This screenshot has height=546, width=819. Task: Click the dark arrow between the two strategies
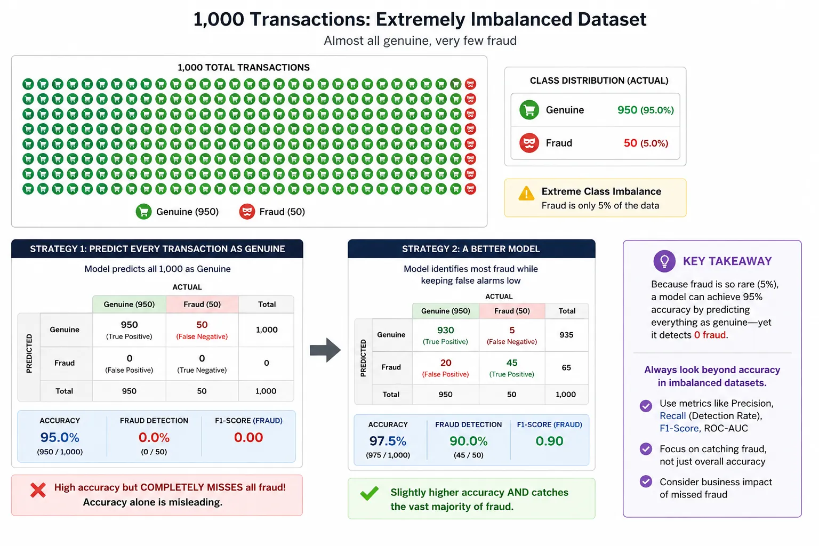point(325,350)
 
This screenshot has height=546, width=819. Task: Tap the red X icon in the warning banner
point(38,491)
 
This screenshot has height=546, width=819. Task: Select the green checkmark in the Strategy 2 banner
point(370,493)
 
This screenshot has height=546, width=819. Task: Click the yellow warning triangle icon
point(526,194)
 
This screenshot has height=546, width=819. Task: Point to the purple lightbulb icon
point(664,261)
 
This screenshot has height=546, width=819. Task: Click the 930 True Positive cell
point(445,335)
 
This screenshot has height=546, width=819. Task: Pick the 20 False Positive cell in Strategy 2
point(445,368)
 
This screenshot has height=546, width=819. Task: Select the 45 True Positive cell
point(511,368)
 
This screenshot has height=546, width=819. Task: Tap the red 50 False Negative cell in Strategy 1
point(202,330)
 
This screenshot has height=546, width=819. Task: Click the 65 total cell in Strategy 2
point(566,367)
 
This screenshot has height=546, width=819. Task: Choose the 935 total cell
point(566,335)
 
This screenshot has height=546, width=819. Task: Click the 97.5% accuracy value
point(388,441)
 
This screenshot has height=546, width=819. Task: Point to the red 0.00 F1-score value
point(248,437)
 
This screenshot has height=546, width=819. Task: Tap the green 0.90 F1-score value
point(549,441)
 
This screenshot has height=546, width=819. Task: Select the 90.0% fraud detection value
point(468,441)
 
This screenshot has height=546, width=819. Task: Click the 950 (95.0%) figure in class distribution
point(645,110)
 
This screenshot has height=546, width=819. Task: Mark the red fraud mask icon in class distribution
point(529,142)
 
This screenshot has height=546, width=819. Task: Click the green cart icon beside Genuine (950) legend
point(143,212)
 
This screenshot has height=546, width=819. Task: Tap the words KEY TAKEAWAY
point(727,261)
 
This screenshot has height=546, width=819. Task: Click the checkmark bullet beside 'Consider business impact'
point(646,481)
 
